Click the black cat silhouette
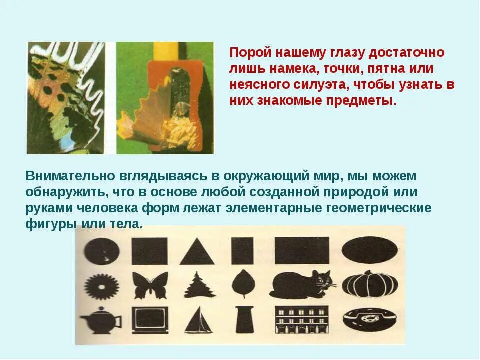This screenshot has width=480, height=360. pos(302,285)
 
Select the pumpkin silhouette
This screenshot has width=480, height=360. pos(370,284)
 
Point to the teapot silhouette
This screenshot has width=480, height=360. pos(102,320)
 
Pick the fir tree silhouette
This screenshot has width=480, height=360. pos(199,285)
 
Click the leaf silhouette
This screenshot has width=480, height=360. pos(243,284)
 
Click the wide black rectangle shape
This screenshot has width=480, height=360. pos(302,249)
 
